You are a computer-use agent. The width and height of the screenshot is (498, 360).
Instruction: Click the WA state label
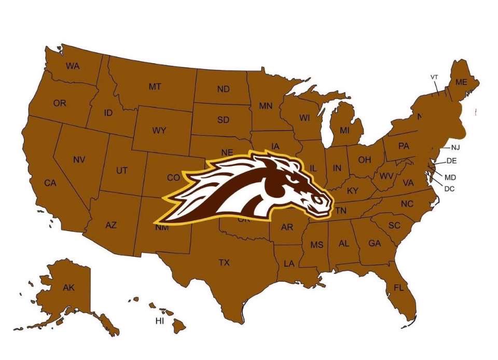(x=72, y=66)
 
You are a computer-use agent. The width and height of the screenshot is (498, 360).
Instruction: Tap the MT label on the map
(x=155, y=87)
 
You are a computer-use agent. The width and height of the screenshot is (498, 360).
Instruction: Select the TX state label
(x=224, y=262)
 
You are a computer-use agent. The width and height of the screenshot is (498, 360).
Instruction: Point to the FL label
(x=398, y=287)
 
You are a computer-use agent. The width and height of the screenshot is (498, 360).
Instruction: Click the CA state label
(x=50, y=183)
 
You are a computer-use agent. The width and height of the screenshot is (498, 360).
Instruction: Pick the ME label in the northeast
(x=461, y=82)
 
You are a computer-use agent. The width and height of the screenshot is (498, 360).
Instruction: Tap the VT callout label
(x=435, y=77)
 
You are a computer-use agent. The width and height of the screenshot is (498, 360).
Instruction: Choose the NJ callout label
(x=455, y=147)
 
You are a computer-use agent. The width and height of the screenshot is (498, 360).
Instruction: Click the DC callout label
(x=449, y=189)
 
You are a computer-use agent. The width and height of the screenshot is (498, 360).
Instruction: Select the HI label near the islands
(x=160, y=321)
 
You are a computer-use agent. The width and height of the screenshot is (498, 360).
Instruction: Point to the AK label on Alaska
(x=68, y=287)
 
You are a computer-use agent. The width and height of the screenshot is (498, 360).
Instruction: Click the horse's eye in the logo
(x=295, y=178)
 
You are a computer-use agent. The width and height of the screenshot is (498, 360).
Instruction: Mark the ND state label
(x=223, y=89)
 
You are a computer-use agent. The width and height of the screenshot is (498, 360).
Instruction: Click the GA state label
(x=375, y=243)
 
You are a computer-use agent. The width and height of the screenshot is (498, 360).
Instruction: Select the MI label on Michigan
(x=344, y=130)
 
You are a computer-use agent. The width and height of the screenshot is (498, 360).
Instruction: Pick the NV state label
(x=79, y=160)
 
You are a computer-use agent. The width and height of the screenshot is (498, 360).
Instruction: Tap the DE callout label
(x=451, y=161)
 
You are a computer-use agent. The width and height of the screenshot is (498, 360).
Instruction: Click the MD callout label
(x=450, y=177)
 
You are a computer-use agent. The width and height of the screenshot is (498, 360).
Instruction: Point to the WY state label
(x=159, y=131)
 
